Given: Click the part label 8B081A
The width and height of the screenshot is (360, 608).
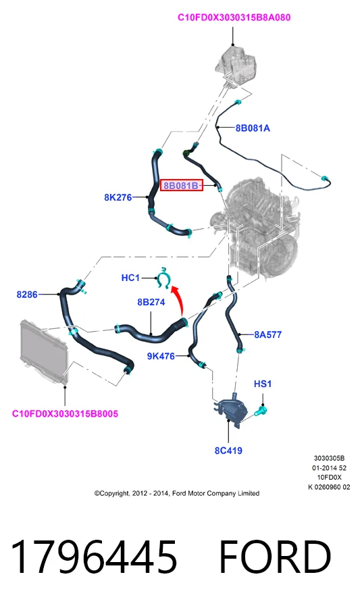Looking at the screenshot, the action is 253,128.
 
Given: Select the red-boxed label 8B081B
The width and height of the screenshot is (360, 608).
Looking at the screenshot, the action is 182,186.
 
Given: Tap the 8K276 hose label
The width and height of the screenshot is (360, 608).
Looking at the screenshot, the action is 118,197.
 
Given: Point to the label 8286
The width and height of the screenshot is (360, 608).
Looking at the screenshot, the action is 27,295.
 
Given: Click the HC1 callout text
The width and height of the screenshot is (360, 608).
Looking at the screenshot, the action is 130,278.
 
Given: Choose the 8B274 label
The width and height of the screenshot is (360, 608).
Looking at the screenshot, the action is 151,302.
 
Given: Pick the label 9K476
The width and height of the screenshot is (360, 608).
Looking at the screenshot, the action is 161,356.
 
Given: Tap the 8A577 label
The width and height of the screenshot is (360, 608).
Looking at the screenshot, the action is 267,334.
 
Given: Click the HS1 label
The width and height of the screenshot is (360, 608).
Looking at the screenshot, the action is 263,384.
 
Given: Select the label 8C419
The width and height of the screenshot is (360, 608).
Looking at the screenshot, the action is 229,451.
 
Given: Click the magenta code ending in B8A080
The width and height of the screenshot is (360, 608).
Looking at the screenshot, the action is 234,18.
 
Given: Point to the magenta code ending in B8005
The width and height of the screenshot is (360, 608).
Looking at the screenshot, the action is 65,413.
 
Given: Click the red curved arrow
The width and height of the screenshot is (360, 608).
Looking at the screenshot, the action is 179,299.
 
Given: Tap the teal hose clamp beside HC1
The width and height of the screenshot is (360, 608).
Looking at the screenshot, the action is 165,278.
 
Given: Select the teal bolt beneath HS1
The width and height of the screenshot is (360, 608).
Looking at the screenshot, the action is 261,411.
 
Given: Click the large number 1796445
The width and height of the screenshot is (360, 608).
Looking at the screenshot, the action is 94,557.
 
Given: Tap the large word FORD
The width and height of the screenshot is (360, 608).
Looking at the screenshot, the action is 275,557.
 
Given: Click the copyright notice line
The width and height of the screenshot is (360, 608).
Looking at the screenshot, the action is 177,494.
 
